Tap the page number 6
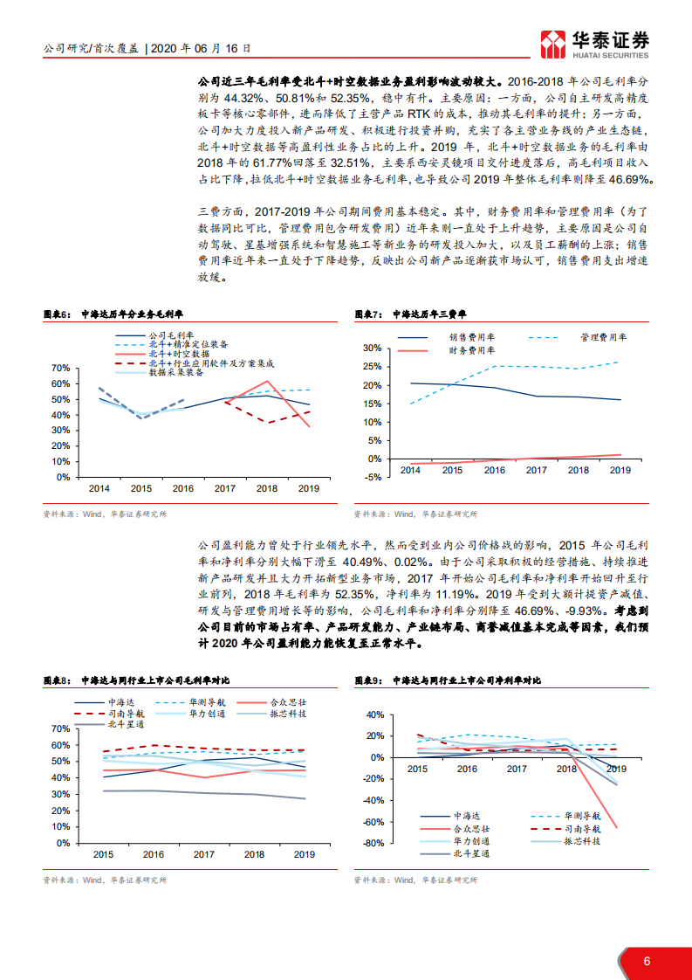pos(647,962)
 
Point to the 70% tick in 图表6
pos(60,368)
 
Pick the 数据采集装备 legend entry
pos(175,372)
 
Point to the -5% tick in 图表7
pos(372,477)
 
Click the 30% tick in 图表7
pos(371,348)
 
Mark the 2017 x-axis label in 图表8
pos(204,854)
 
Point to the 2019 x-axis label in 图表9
pos(615,769)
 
